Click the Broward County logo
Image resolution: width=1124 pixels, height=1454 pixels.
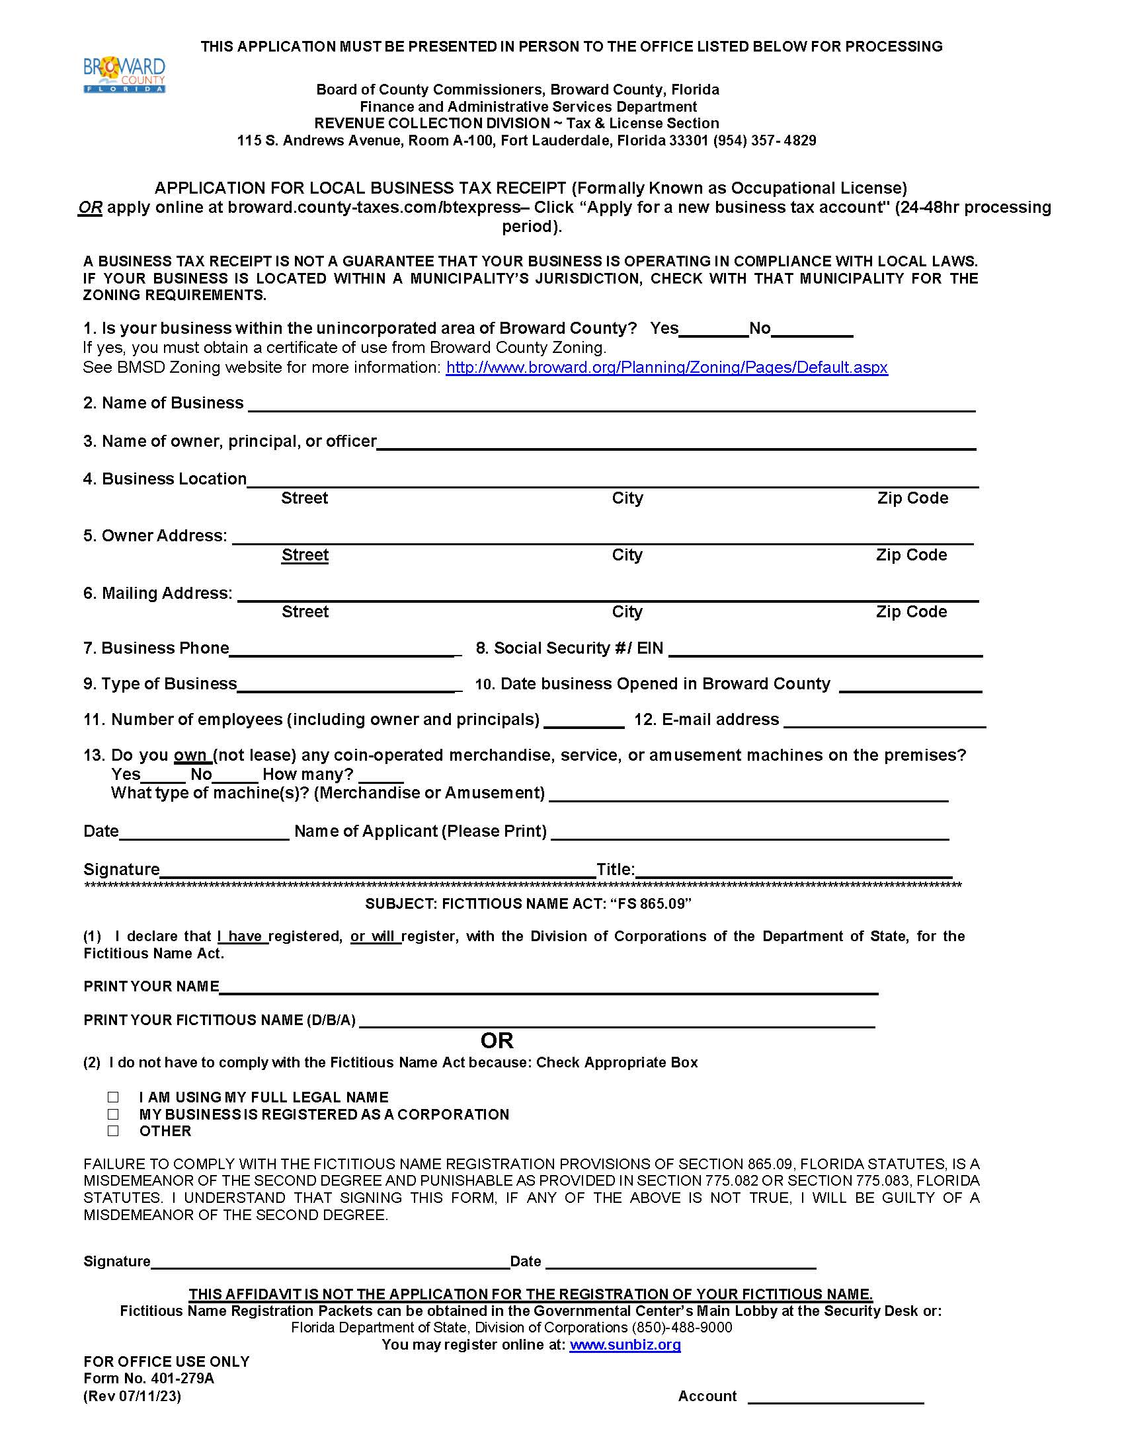tap(124, 75)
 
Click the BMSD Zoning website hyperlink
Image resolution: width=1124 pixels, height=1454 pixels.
tap(666, 367)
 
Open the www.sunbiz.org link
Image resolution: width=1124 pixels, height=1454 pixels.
tap(625, 1344)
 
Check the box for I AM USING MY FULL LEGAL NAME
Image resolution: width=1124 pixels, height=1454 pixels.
tap(113, 1096)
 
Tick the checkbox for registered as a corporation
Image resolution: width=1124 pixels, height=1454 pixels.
tap(113, 1114)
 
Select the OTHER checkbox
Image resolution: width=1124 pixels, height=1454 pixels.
tap(113, 1130)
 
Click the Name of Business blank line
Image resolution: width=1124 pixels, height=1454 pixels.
tap(612, 404)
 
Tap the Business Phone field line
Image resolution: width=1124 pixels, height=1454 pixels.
tap(345, 650)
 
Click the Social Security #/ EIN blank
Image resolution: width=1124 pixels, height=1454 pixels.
tap(826, 650)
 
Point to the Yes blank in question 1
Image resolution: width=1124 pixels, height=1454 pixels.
tap(714, 330)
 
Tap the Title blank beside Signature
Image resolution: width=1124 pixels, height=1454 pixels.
tap(793, 871)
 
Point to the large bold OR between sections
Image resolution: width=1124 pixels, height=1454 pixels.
tap(497, 1040)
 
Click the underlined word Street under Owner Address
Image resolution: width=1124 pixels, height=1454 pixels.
tap(305, 555)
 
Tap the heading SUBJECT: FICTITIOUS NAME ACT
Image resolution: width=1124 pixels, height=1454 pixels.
tap(528, 903)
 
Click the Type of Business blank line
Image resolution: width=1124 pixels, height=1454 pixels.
tap(349, 686)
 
